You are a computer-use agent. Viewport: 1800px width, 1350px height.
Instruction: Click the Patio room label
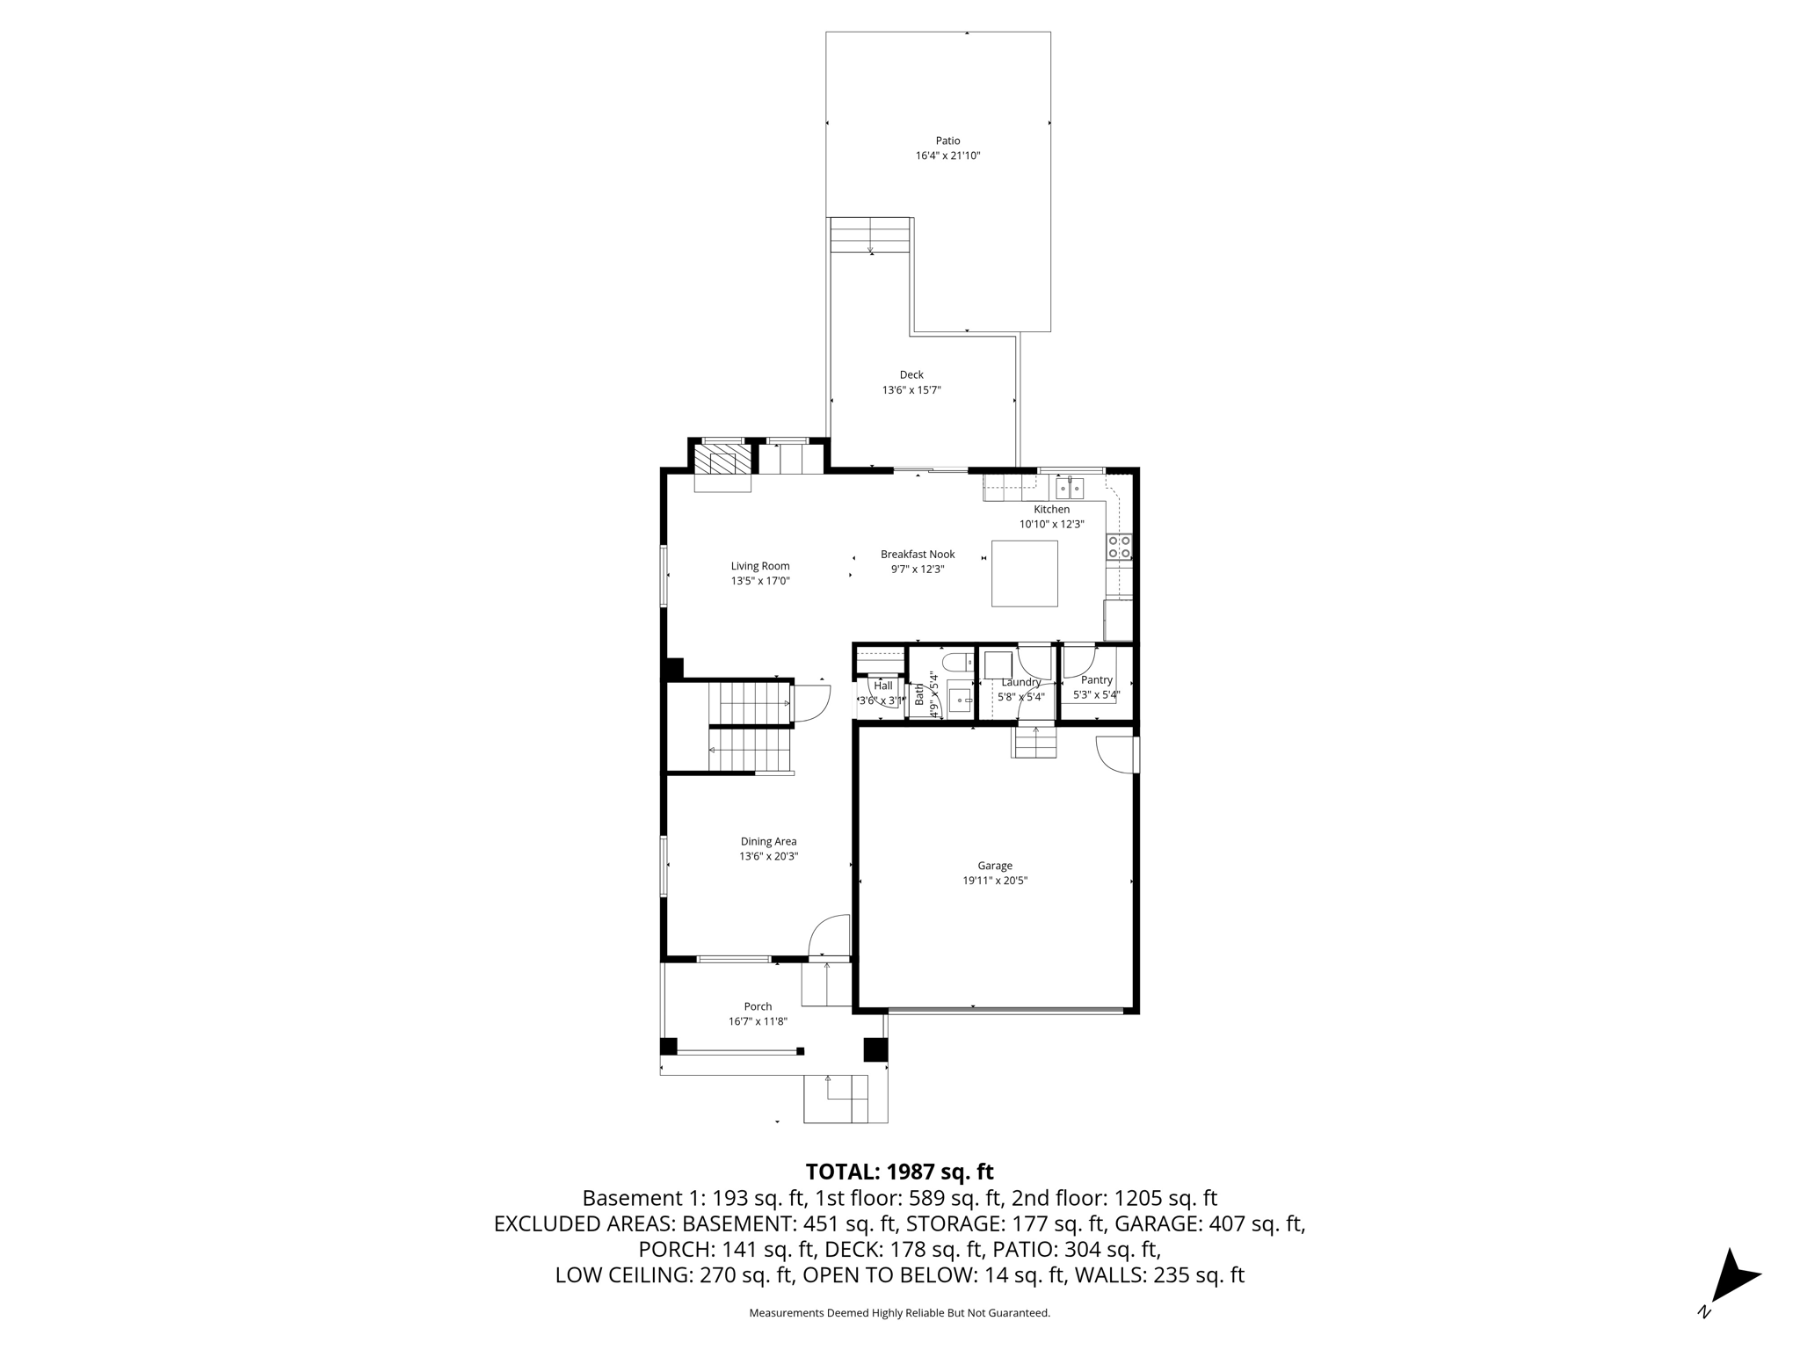[x=947, y=141]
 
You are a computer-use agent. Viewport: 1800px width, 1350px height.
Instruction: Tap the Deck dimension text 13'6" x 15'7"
[x=911, y=389]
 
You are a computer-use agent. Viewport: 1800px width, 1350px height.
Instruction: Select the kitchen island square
[x=1024, y=573]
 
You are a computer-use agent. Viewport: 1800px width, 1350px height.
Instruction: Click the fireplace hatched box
[x=723, y=459]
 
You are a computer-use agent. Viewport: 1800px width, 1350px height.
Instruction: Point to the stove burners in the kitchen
[x=1119, y=547]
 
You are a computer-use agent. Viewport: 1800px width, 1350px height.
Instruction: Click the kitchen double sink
[x=1070, y=487]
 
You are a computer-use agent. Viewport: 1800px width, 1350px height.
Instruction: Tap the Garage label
[x=995, y=866]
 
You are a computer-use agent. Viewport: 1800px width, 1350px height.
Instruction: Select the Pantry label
[x=1096, y=679]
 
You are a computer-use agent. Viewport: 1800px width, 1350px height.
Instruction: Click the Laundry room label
[x=1020, y=682]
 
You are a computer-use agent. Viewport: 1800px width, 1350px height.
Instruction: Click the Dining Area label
[x=768, y=841]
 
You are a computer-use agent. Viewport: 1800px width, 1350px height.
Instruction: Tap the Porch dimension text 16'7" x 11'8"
[x=758, y=1021]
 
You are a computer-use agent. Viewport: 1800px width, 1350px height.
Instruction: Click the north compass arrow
[x=1732, y=1278]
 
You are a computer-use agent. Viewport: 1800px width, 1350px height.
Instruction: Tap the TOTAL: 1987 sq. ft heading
[x=899, y=1172]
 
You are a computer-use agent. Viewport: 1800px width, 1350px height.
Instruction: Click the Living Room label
[x=760, y=566]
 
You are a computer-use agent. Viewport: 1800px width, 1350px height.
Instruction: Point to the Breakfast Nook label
[x=918, y=555]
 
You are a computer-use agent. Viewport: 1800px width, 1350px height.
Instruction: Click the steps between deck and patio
[x=870, y=236]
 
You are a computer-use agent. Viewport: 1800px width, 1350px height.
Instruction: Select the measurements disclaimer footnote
[x=899, y=1313]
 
